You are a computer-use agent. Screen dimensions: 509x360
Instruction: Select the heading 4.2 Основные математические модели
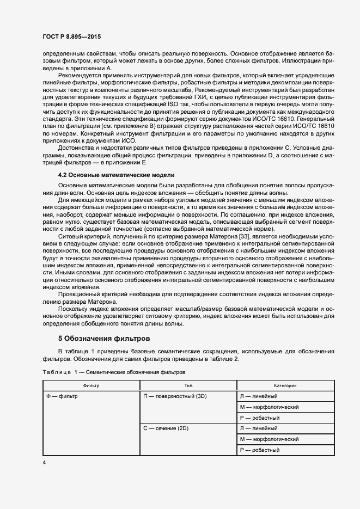click(116, 175)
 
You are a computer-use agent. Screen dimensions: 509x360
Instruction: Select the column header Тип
click(188, 385)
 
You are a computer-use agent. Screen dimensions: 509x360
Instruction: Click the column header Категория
click(285, 385)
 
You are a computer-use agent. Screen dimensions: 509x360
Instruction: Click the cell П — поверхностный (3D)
click(176, 396)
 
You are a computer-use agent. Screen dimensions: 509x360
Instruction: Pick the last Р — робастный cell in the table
click(260, 450)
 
